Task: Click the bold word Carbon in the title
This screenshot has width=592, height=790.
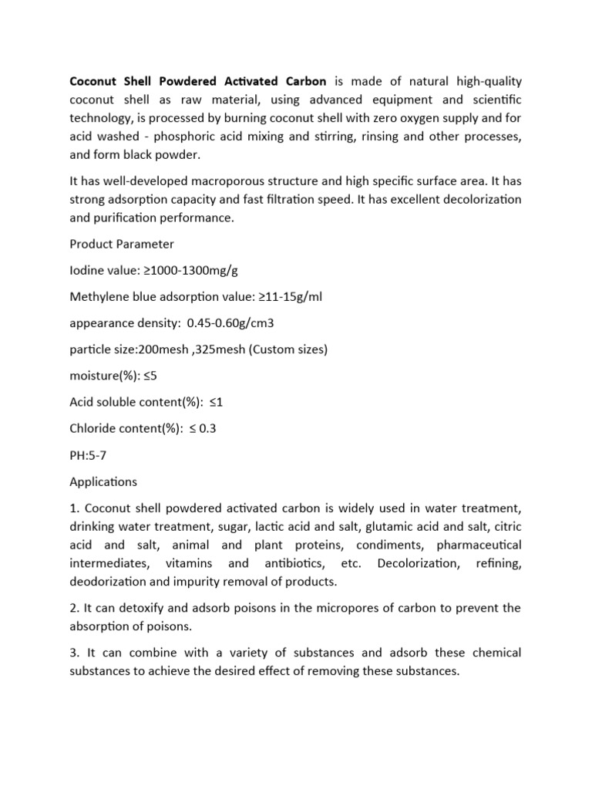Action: point(303,81)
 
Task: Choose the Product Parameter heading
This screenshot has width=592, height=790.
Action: point(122,244)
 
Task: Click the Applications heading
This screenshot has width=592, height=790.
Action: point(103,481)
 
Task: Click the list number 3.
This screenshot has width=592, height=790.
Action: point(74,653)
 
